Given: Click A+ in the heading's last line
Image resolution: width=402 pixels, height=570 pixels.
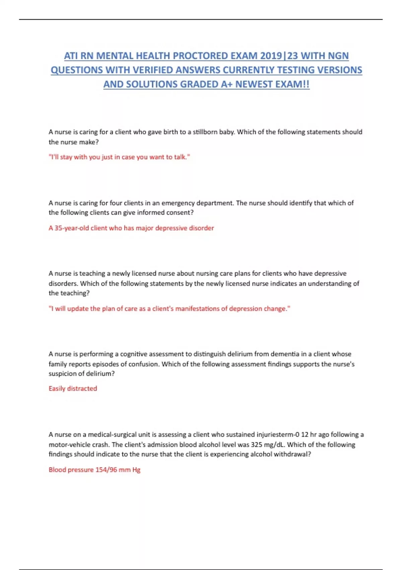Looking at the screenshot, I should (226, 84).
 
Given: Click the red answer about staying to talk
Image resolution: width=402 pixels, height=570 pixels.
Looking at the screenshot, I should (119, 157).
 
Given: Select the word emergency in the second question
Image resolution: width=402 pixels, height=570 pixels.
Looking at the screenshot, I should (178, 203).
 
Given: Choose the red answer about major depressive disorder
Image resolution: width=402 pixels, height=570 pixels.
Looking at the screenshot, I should (131, 228).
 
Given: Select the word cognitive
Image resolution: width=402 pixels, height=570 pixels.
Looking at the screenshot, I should (134, 354).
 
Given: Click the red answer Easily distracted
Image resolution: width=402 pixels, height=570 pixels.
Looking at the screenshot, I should (73, 389).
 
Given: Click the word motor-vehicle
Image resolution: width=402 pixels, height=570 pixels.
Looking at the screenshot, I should (68, 445).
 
